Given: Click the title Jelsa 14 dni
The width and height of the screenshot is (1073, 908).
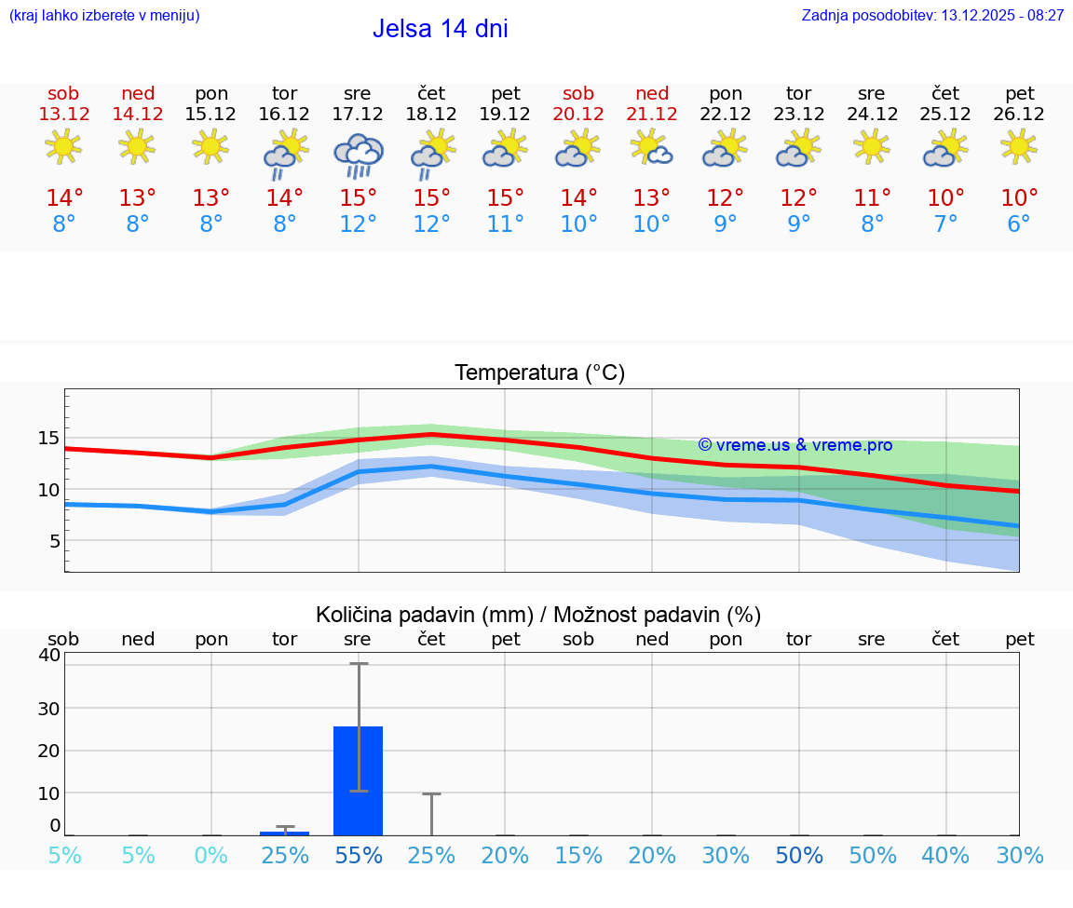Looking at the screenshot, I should pyautogui.click(x=440, y=29).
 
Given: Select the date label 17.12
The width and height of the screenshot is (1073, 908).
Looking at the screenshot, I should pyautogui.click(x=358, y=115).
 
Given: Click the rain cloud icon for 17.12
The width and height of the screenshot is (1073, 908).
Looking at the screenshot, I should pyautogui.click(x=359, y=155).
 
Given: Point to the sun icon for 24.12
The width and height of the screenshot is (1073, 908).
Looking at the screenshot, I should pyautogui.click(x=872, y=146).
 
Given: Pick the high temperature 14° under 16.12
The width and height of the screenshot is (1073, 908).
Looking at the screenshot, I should pyautogui.click(x=285, y=198).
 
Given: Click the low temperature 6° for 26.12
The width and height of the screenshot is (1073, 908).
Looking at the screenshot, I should pyautogui.click(x=1019, y=224).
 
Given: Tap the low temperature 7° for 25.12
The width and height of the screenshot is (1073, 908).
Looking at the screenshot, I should pyautogui.click(x=945, y=224).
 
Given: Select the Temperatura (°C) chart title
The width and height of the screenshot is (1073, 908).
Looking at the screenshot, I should pyautogui.click(x=539, y=373).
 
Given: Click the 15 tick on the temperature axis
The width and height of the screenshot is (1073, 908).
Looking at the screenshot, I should pyautogui.click(x=49, y=438).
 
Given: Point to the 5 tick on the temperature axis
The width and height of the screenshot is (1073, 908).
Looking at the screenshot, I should pyautogui.click(x=55, y=541).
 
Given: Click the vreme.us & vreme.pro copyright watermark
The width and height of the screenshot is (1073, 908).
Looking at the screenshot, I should pyautogui.click(x=795, y=445).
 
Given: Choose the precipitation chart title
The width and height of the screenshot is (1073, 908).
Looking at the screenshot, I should pyautogui.click(x=538, y=615).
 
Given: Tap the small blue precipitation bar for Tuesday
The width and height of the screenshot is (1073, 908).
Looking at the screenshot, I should pyautogui.click(x=285, y=833).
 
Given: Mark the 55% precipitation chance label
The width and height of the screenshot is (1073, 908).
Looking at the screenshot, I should pyautogui.click(x=359, y=856).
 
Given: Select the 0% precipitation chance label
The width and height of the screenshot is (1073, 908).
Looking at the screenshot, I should pyautogui.click(x=211, y=856).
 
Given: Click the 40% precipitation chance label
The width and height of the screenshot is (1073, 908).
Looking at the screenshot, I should pyautogui.click(x=945, y=856).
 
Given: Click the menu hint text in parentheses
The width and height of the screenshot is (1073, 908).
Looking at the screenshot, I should pyautogui.click(x=104, y=16).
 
